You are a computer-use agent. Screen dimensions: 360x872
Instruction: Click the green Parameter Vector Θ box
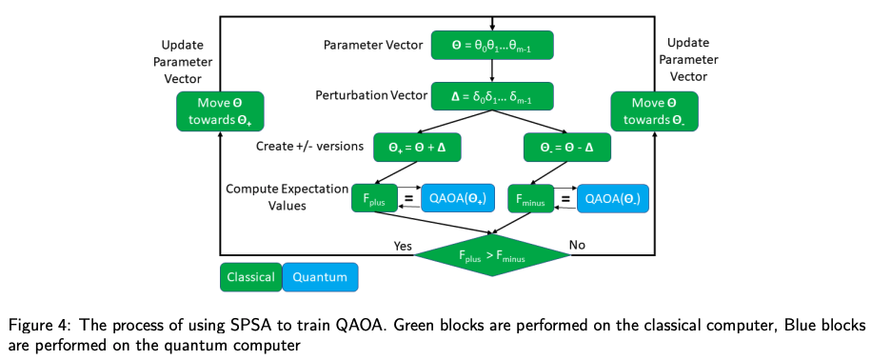(491, 45)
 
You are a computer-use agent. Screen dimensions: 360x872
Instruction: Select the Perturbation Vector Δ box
(491, 96)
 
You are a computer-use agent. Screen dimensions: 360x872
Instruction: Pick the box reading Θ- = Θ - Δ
(566, 148)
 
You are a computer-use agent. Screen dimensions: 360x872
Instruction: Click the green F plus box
(373, 200)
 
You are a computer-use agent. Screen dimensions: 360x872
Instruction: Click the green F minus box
(528, 200)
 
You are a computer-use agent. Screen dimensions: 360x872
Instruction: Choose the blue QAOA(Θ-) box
(610, 200)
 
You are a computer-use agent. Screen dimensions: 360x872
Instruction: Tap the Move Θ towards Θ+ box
(220, 111)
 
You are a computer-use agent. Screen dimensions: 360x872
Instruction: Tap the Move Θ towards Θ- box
(653, 111)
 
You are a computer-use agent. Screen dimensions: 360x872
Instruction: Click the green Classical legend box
(249, 277)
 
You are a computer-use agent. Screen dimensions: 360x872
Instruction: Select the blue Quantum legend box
(320, 277)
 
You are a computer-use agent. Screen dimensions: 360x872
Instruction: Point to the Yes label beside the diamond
(404, 246)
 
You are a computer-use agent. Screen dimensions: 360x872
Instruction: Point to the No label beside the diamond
(578, 246)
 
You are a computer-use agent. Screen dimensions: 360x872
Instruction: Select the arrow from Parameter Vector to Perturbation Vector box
(491, 70)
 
